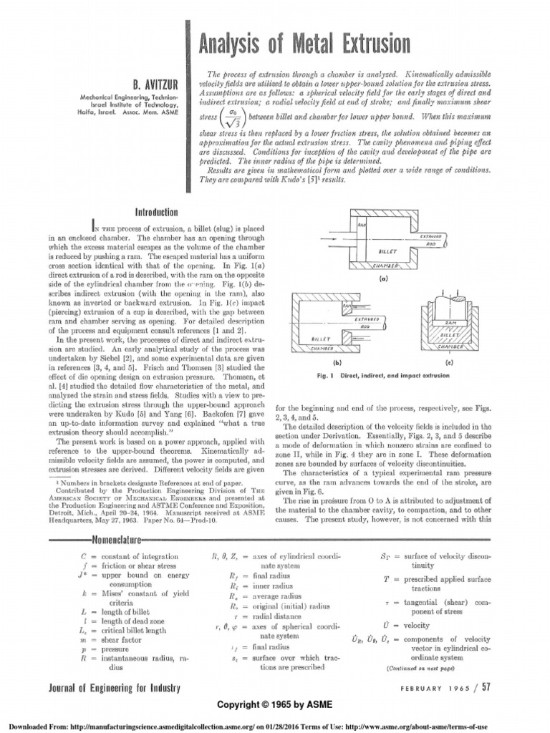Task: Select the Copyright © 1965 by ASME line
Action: click(x=276, y=704)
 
